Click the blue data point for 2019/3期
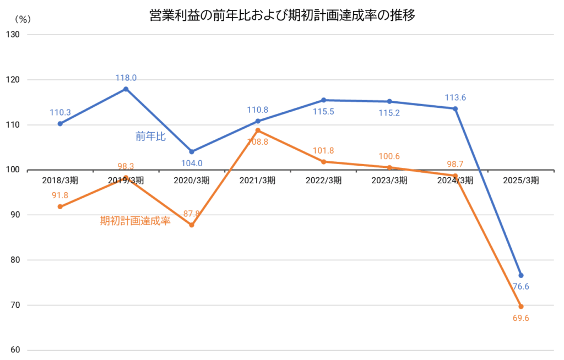point(126,89)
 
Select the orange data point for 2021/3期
point(258,130)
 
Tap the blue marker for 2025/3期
point(521,275)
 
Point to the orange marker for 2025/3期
point(521,307)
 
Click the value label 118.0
point(126,78)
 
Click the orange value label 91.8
point(59,195)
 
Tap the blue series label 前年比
point(150,137)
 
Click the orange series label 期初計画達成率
point(135,221)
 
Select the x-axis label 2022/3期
point(323,180)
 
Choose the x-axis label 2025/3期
point(521,180)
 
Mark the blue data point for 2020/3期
point(192,151)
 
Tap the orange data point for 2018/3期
point(59,206)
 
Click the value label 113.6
point(455,98)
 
